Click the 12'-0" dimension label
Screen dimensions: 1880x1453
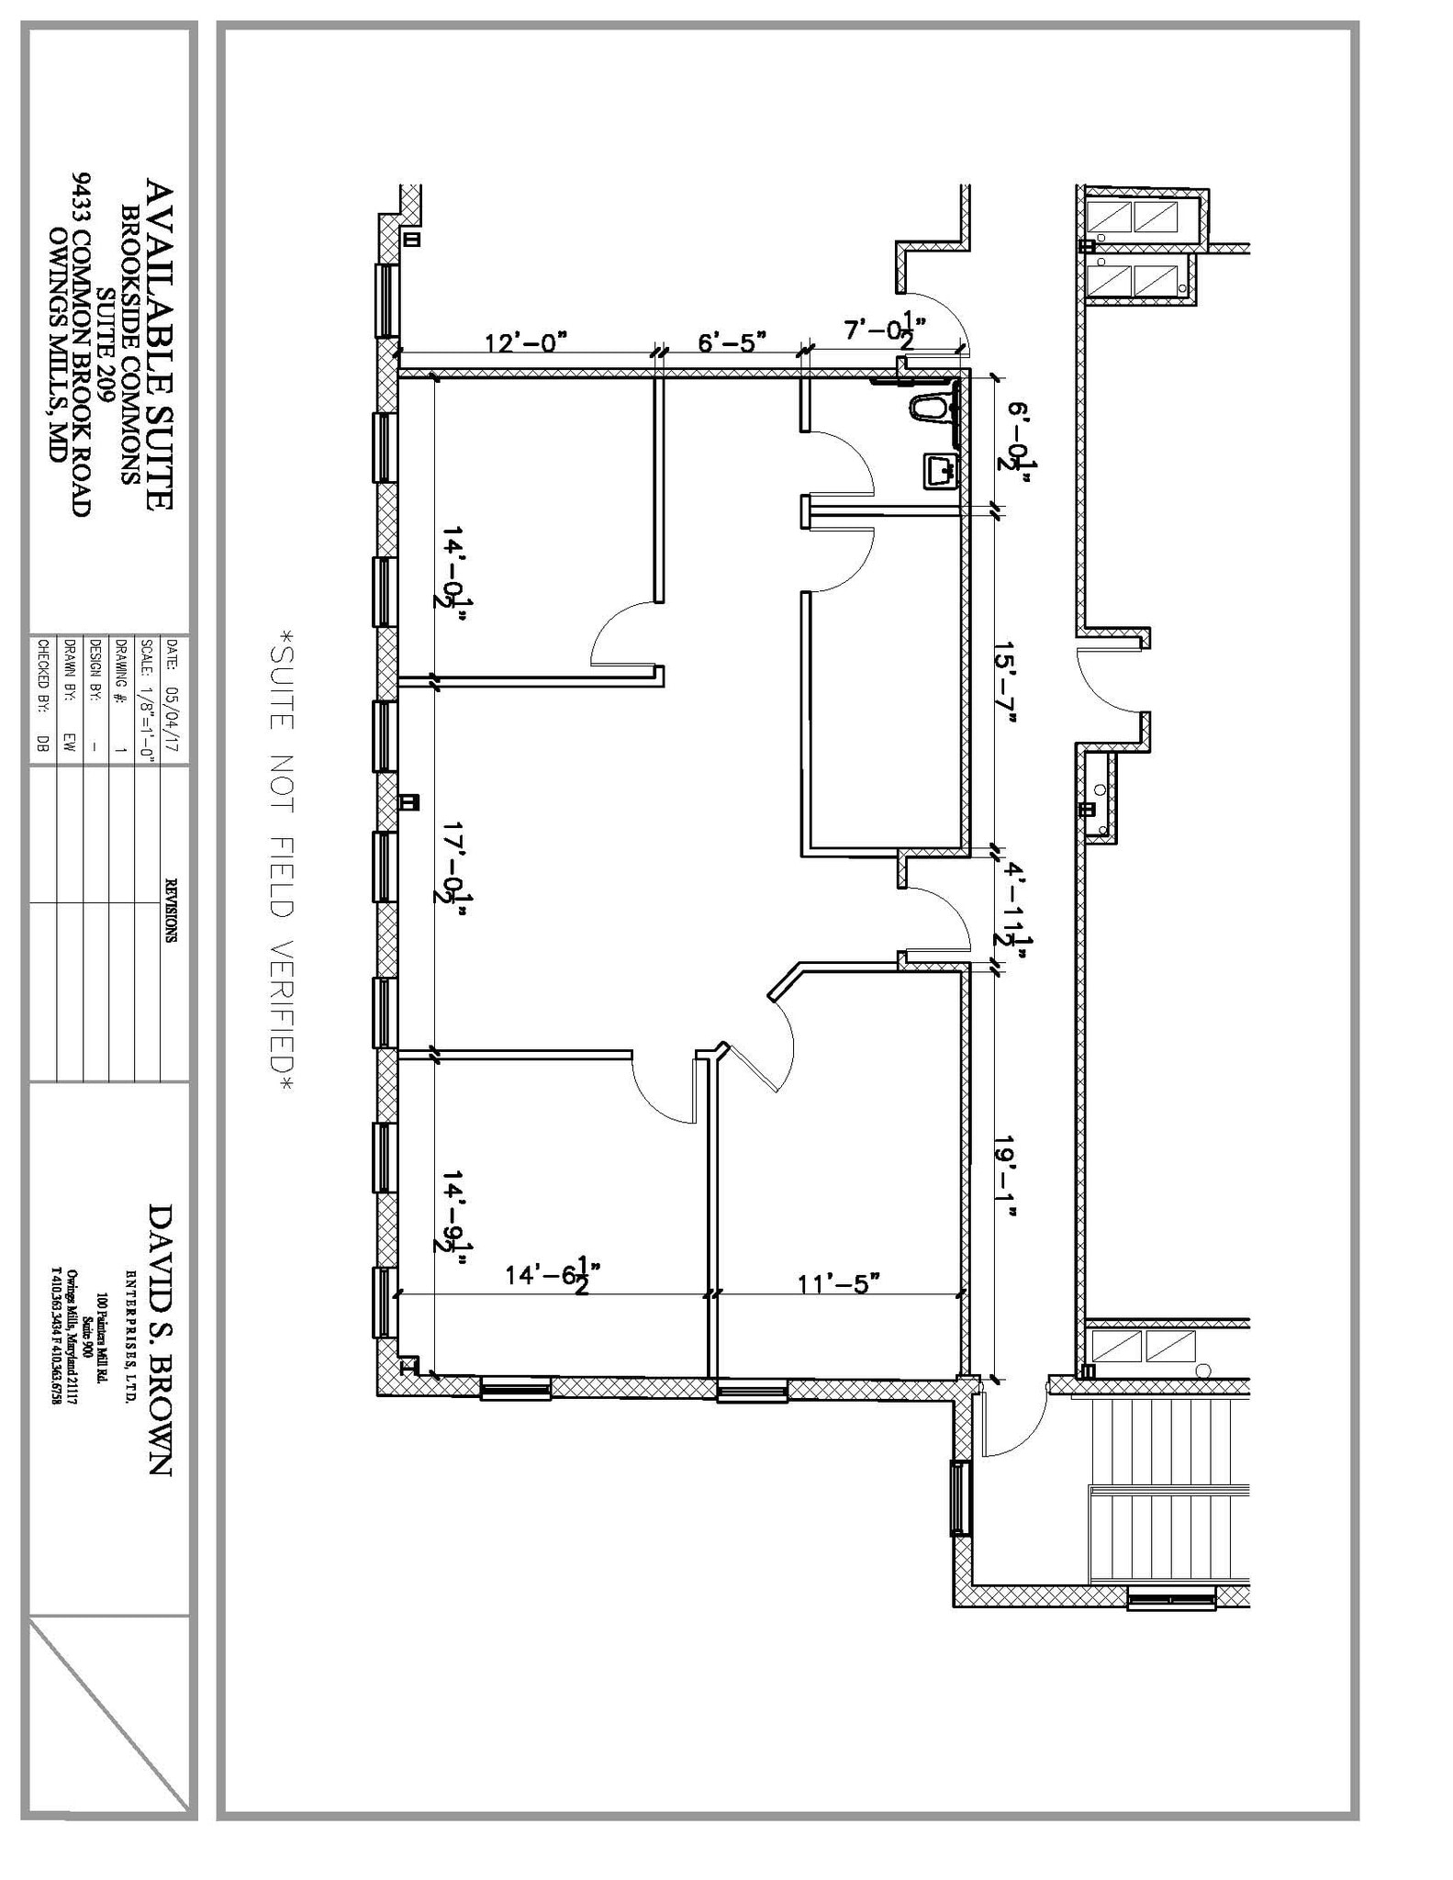[525, 342]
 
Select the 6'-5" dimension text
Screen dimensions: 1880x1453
[732, 342]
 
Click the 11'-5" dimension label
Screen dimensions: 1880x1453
[838, 1282]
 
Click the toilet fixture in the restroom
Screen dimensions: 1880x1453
[929, 407]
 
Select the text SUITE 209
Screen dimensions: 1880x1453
[107, 344]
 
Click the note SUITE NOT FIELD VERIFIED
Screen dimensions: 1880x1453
[281, 861]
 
